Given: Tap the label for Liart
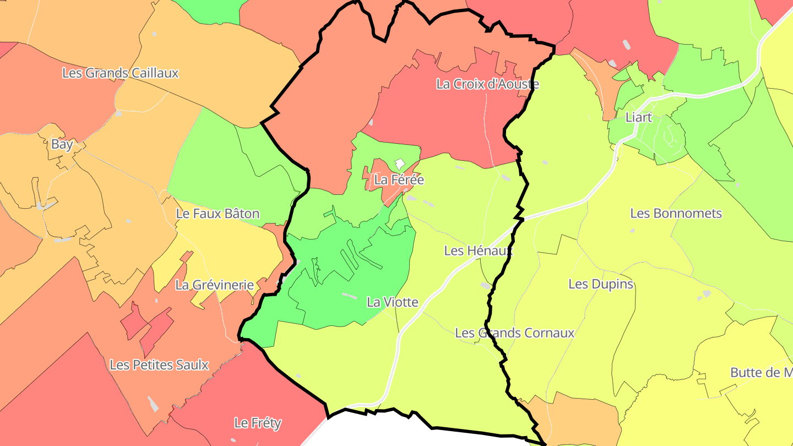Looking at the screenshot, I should coord(639,117).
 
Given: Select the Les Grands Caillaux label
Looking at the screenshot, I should coord(120,73).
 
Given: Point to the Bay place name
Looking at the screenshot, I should coord(62,145).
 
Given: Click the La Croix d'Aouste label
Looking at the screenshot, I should coord(487,84).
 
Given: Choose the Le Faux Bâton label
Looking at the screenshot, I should coord(218,214).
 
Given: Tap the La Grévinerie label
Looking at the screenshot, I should coord(214,285).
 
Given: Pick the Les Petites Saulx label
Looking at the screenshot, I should coord(159,365).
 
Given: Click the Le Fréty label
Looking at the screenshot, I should coord(257,423).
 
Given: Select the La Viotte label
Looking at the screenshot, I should coord(393,302).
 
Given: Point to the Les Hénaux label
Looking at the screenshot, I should coord(478,251).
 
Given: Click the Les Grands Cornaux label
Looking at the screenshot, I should coord(514,333).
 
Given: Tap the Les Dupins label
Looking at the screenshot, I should coord(601,285).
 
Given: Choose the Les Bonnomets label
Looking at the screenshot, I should coord(676,214).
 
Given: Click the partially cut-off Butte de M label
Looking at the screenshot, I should coord(761,373).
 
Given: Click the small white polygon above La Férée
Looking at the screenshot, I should coord(400,164).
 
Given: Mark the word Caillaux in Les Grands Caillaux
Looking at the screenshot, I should coord(154,73).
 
